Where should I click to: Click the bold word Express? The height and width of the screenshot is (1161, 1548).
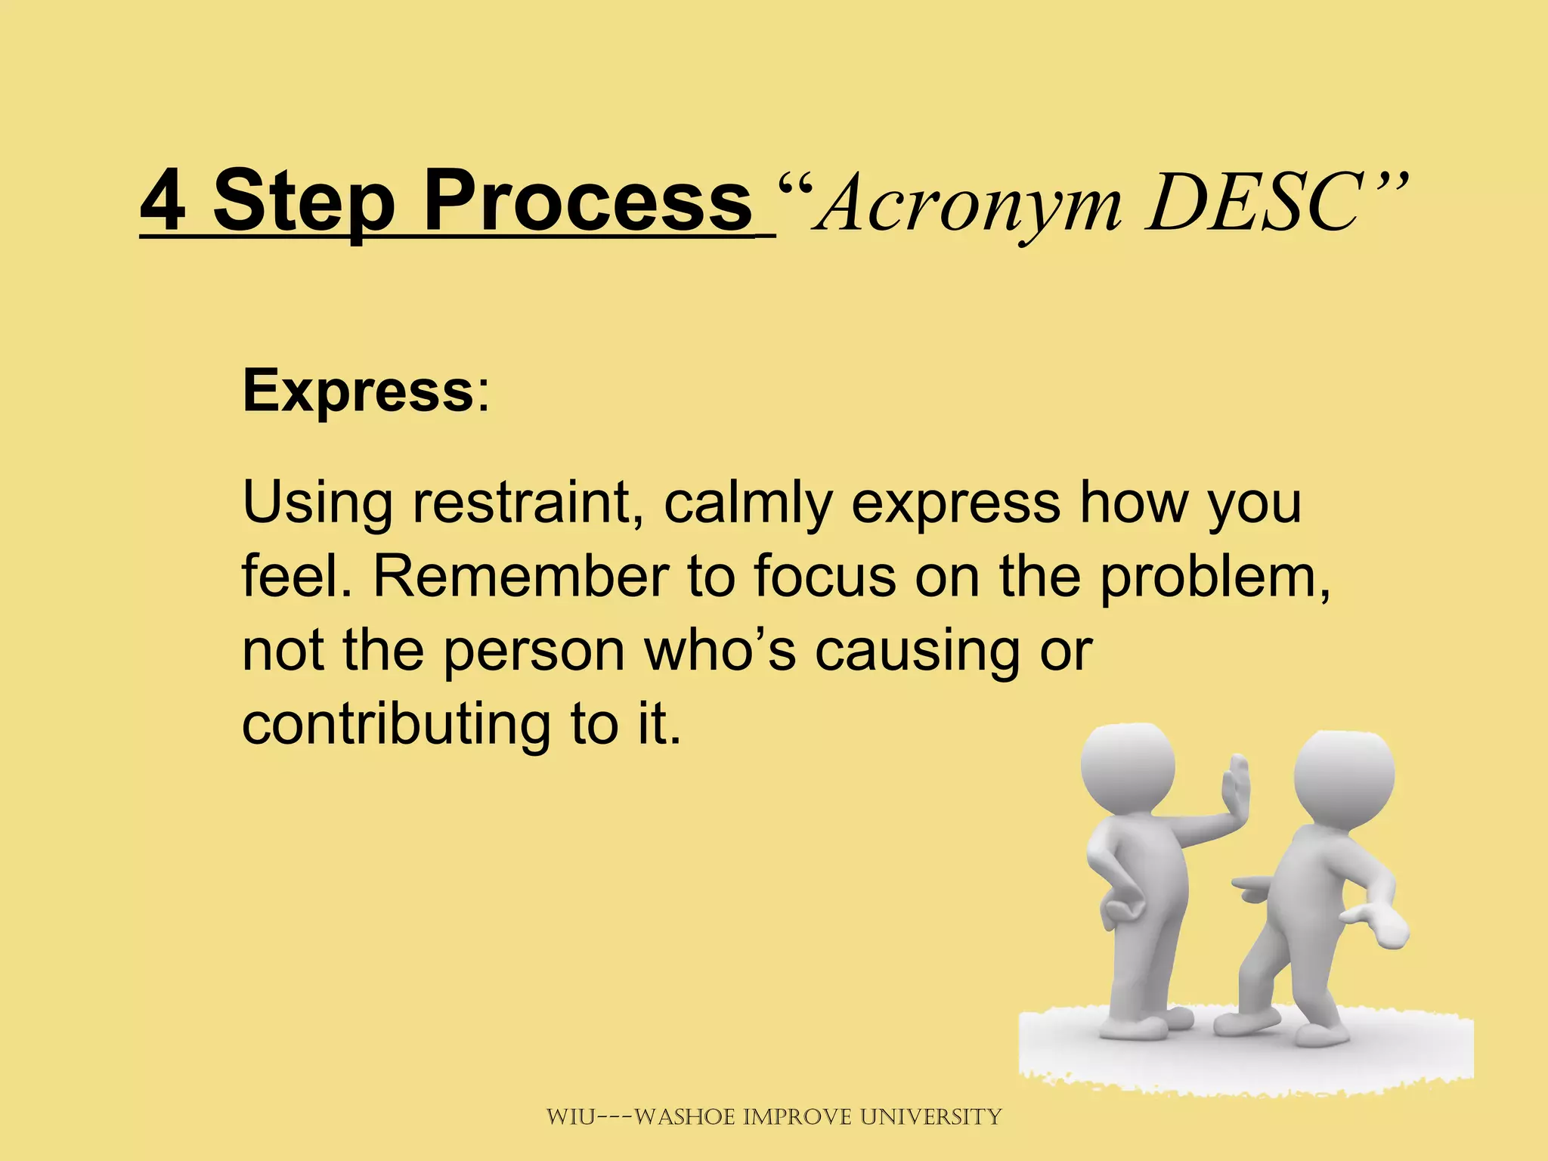(357, 391)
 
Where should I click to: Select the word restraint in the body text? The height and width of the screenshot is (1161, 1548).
(522, 503)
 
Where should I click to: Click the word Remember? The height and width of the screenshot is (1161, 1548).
(521, 576)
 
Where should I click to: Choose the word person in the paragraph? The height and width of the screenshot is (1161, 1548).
(534, 651)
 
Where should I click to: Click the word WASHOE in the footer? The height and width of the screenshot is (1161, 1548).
(686, 1116)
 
